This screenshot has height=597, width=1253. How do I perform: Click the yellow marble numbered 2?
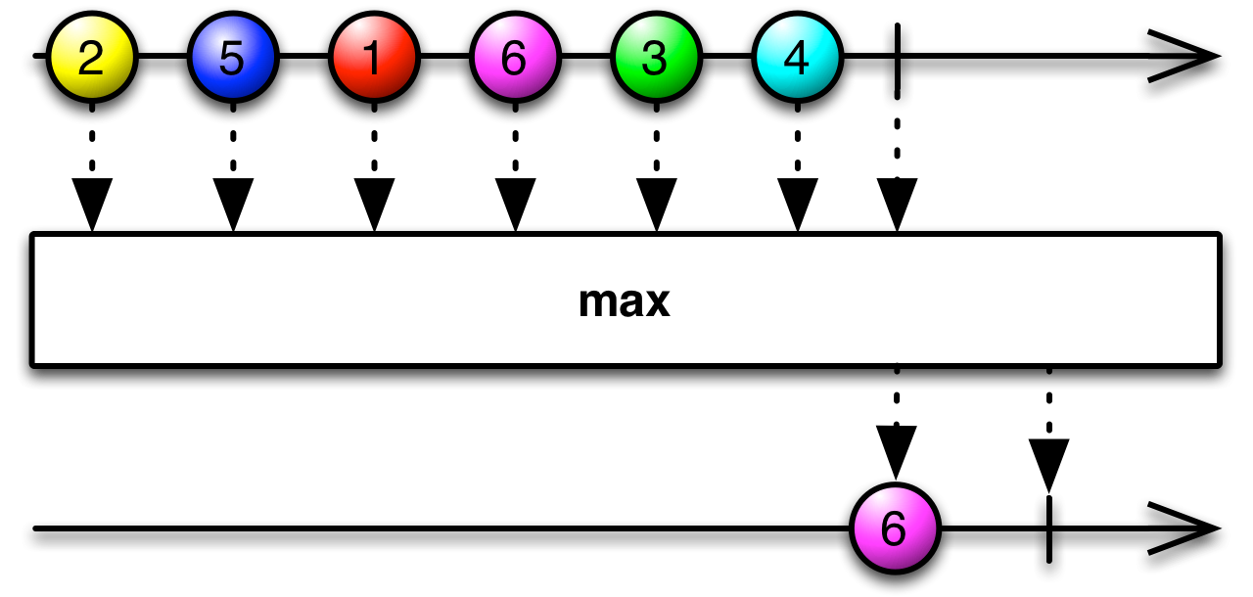[90, 61]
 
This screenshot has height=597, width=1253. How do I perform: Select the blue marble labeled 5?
[231, 61]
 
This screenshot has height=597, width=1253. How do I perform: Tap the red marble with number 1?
[373, 61]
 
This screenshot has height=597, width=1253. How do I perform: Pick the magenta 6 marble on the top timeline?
[514, 61]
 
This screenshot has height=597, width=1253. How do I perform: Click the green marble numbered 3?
[655, 61]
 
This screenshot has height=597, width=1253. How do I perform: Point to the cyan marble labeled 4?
[796, 61]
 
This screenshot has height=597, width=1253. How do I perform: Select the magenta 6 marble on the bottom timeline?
[895, 530]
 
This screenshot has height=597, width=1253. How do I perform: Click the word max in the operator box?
[624, 302]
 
